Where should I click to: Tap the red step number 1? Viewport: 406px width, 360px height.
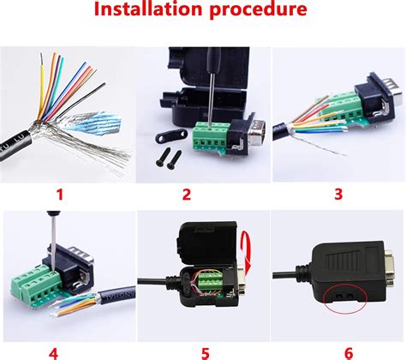click(x=60, y=193)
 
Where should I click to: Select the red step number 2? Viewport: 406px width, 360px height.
click(x=186, y=193)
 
